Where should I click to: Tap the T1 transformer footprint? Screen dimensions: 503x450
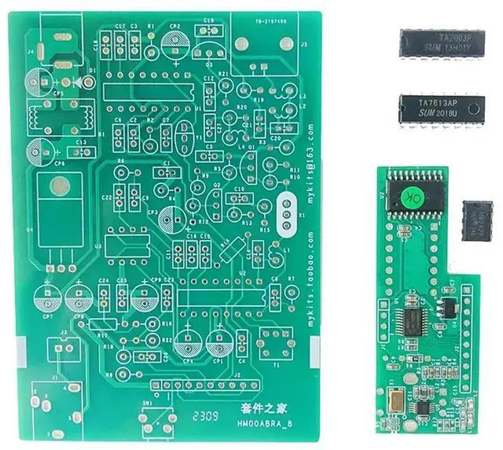[x=275, y=341]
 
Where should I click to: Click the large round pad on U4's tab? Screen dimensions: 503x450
[x=56, y=187]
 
